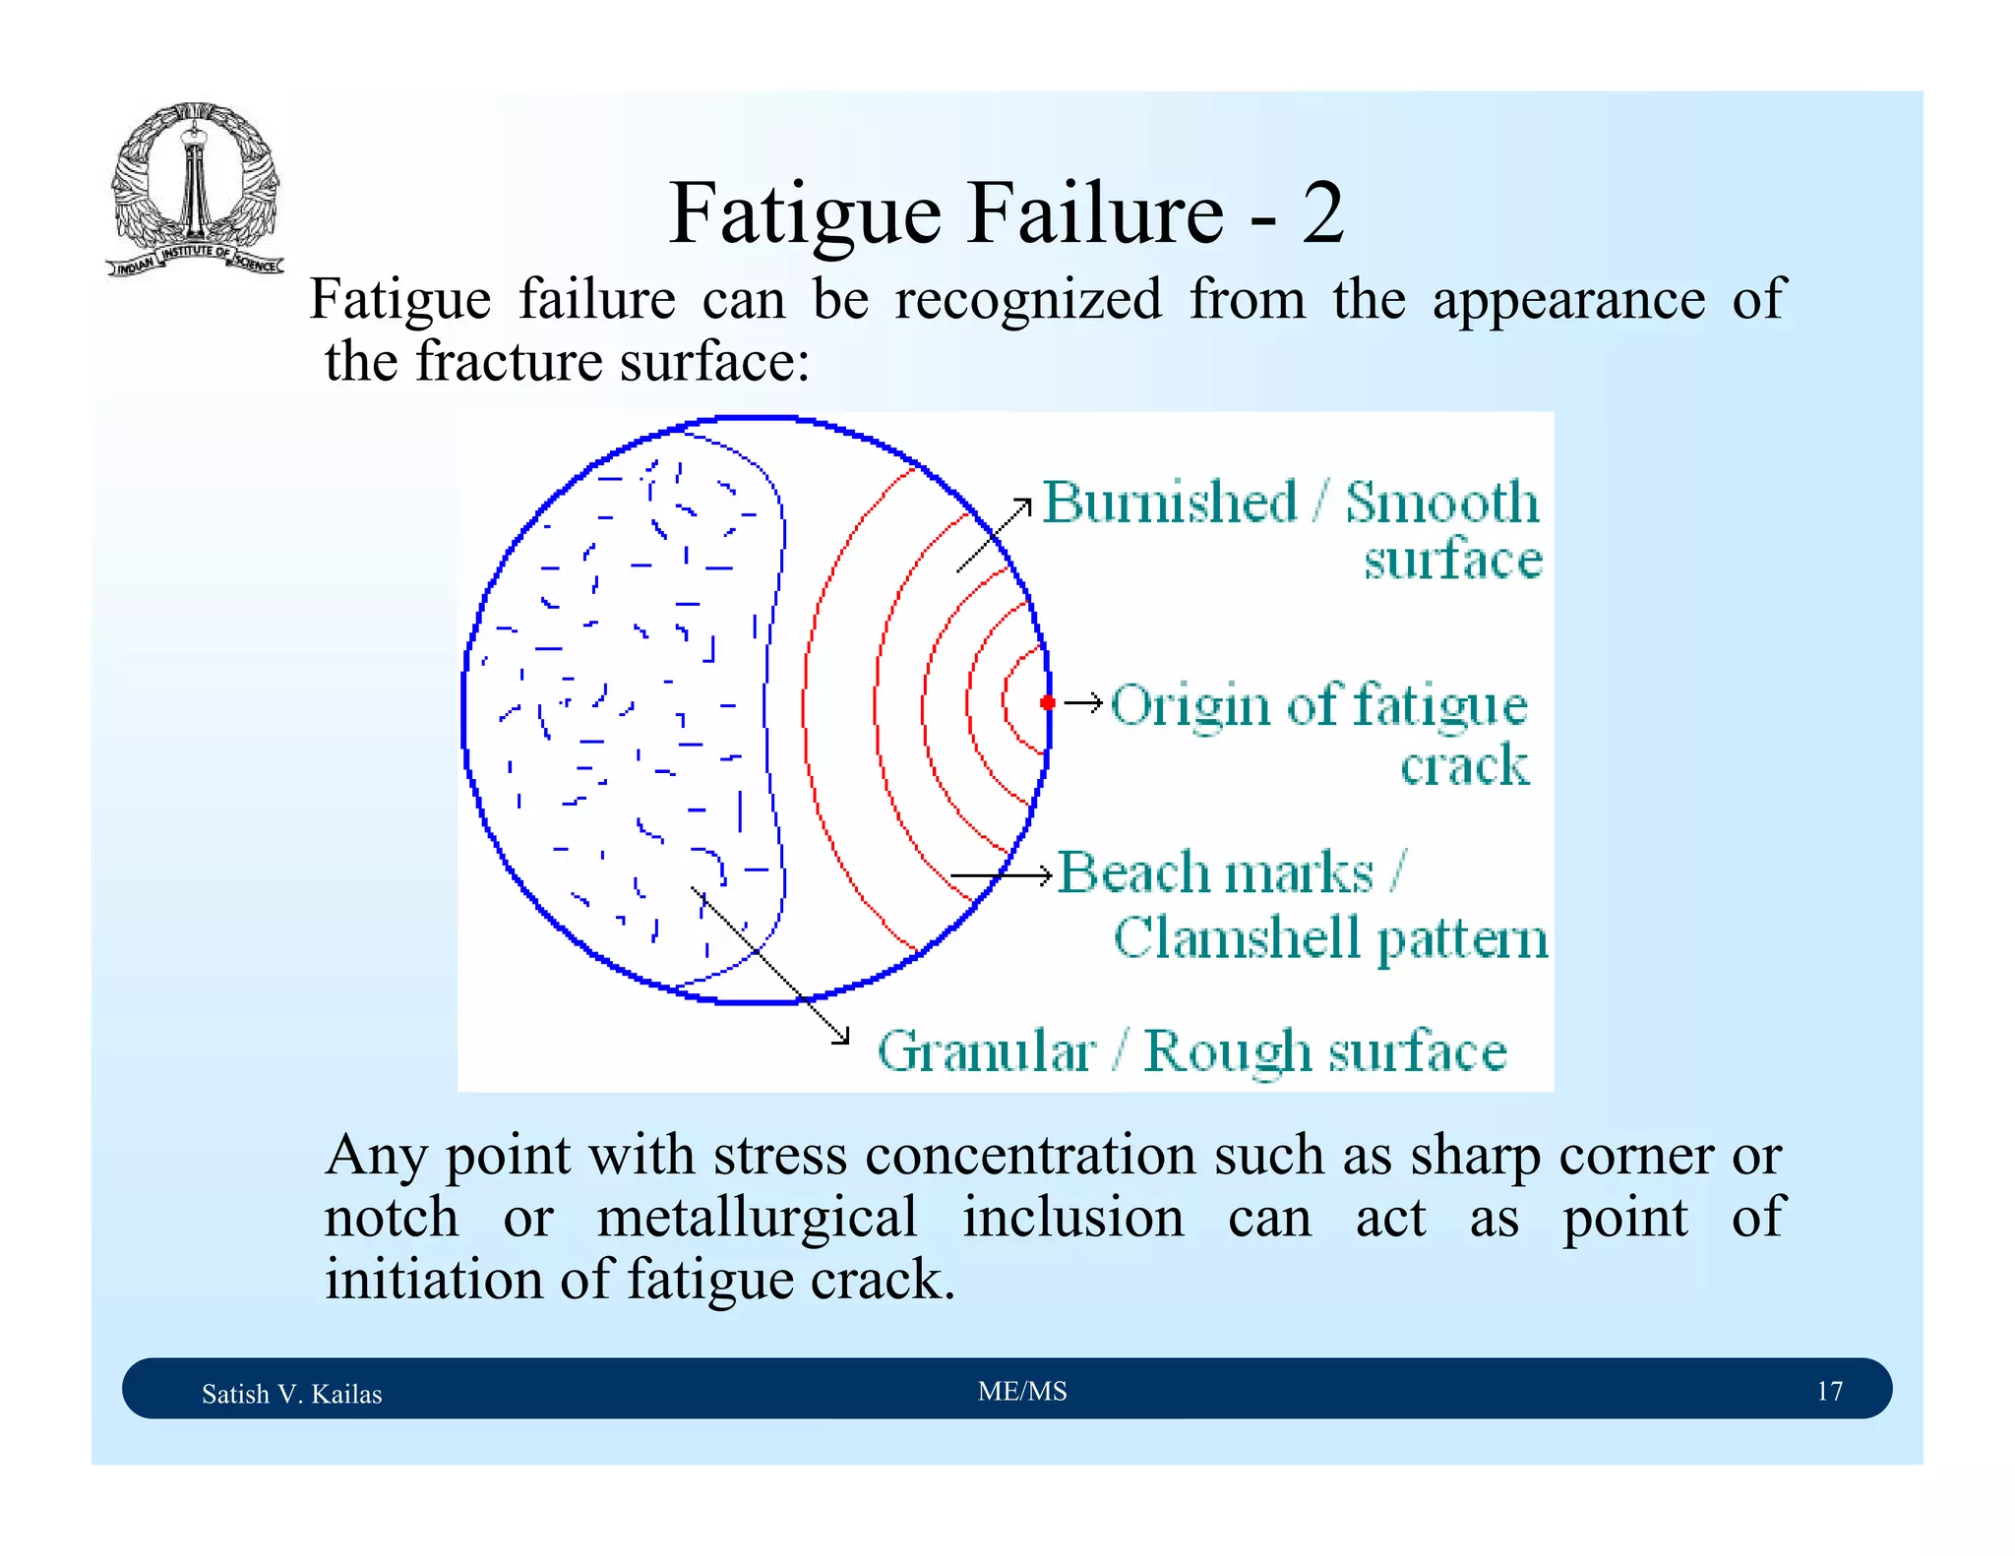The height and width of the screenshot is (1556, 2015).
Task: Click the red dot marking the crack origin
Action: coord(1048,702)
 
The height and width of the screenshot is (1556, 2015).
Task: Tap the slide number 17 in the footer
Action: coord(1829,1391)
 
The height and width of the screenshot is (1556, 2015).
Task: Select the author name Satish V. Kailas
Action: coord(291,1394)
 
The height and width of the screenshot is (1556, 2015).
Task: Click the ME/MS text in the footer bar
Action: coord(1022,1391)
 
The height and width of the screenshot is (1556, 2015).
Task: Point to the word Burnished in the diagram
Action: coord(1169,503)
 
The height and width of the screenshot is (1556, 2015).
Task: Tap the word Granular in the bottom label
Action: coord(986,1051)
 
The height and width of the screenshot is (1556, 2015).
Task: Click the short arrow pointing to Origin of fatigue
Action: coord(1083,702)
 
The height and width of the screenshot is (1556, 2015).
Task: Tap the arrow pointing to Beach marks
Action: coord(1002,874)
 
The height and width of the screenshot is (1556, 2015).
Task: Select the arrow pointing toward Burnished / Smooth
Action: coord(994,535)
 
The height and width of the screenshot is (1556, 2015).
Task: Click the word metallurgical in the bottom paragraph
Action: coord(757,1217)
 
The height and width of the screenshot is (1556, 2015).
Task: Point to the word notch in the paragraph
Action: coord(391,1217)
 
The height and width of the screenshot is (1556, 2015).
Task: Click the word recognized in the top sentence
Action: coord(1027,299)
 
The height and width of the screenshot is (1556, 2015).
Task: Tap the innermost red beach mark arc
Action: coord(1006,700)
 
